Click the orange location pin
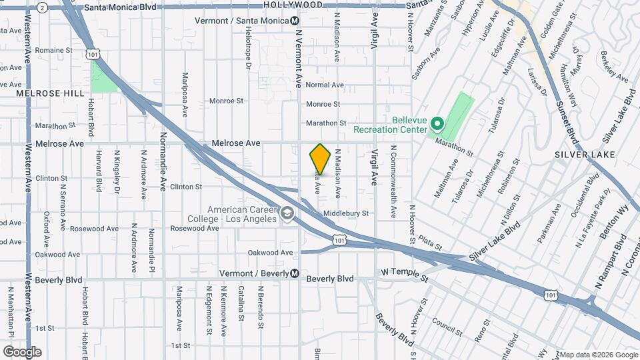320,159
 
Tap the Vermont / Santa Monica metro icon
294,21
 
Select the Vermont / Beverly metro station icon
294,273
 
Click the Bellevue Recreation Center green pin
437,124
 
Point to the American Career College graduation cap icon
287,214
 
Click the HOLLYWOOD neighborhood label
292,5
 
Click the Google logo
22,351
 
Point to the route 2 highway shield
42,7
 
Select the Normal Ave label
324,85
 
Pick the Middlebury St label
345,213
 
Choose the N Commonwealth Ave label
393,181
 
